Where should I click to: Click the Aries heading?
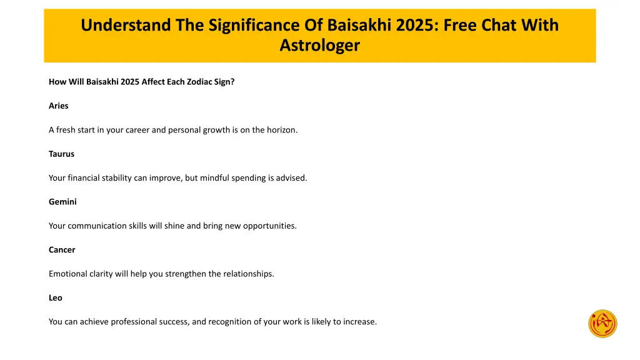(x=59, y=106)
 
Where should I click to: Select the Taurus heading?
(x=61, y=154)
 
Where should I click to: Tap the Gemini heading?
(x=62, y=202)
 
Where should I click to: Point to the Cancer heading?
(x=62, y=250)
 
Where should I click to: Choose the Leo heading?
(x=56, y=298)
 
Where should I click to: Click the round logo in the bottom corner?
(x=602, y=324)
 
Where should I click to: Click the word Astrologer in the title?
(x=319, y=46)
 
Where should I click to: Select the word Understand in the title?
(x=117, y=26)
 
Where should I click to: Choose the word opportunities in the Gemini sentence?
(x=271, y=226)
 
